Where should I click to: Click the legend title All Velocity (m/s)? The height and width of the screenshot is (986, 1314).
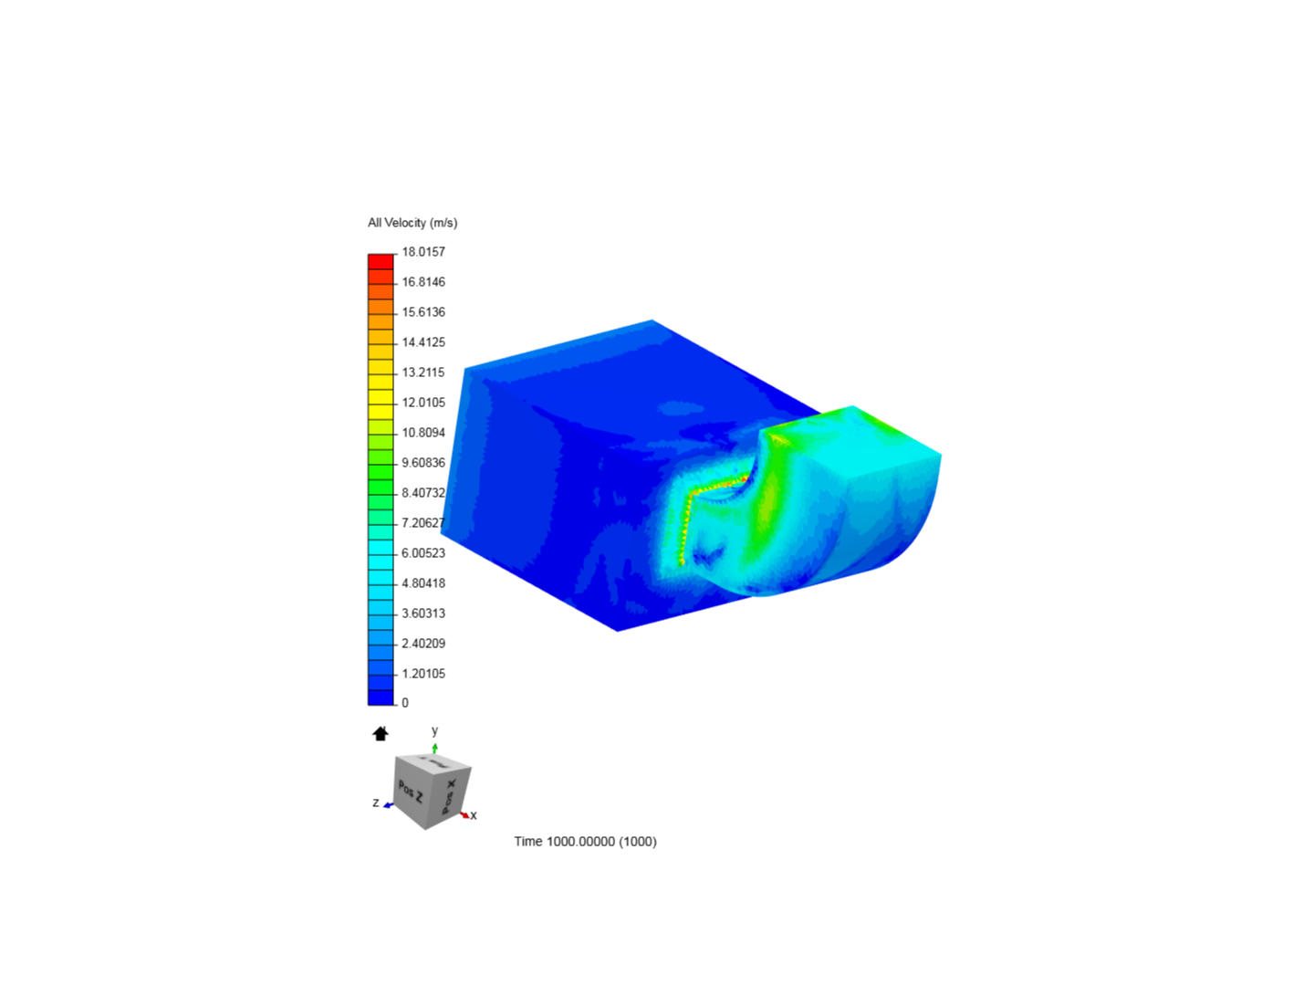(x=412, y=223)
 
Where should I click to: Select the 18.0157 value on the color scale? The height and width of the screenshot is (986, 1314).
(x=423, y=252)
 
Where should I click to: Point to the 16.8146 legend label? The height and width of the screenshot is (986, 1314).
(x=423, y=282)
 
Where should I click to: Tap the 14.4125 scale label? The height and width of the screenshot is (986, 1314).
(x=423, y=342)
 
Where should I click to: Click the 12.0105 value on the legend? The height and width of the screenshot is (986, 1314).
(x=423, y=403)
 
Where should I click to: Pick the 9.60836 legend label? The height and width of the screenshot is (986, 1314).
(x=423, y=463)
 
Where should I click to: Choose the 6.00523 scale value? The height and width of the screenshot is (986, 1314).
(x=423, y=553)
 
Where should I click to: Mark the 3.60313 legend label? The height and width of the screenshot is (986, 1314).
(x=423, y=614)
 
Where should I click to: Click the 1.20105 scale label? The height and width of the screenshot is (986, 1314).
(x=423, y=674)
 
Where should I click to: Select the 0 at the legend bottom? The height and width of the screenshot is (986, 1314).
(x=405, y=703)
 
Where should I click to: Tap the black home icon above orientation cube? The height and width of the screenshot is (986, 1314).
(x=381, y=733)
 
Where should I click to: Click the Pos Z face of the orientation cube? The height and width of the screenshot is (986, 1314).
(x=411, y=791)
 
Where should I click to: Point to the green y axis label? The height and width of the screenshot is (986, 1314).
(x=434, y=731)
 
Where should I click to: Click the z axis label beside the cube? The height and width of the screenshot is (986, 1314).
(x=376, y=802)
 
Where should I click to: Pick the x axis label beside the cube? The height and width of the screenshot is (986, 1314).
(x=474, y=815)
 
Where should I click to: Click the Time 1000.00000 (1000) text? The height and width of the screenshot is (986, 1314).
(x=585, y=842)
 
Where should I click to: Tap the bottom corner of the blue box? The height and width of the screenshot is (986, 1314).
(x=618, y=630)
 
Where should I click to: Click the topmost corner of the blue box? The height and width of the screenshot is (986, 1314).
(x=652, y=320)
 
